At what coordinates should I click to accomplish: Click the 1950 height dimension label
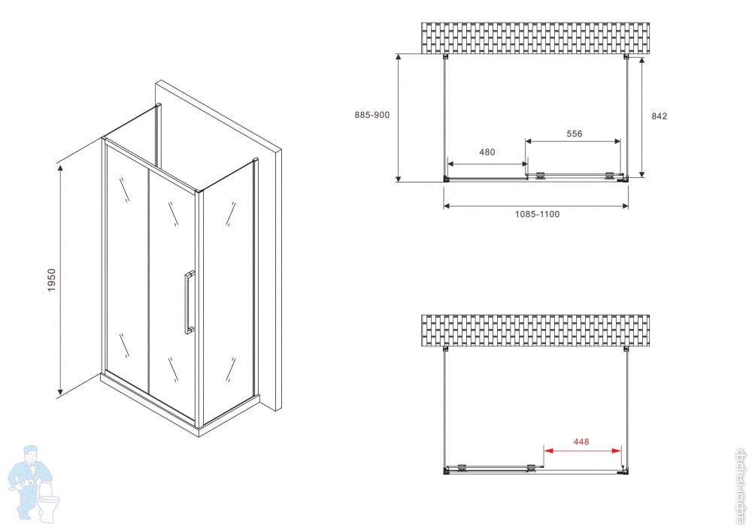(52, 280)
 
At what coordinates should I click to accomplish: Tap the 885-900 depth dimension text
(372, 115)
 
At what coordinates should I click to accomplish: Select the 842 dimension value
(659, 116)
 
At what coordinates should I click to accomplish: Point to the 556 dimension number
(574, 134)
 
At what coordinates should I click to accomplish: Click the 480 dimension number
(487, 152)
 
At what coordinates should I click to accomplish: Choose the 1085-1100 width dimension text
(537, 214)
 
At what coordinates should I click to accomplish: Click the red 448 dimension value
(581, 442)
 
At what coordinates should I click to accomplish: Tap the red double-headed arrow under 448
(582, 451)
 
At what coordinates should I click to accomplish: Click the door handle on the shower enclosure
(190, 302)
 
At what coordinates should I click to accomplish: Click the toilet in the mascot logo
(48, 505)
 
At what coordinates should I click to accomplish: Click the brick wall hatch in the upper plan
(535, 38)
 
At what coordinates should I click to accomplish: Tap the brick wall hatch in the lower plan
(535, 330)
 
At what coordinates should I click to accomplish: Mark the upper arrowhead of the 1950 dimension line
(60, 167)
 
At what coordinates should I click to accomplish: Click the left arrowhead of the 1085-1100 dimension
(447, 206)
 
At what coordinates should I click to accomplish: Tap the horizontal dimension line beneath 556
(573, 141)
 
